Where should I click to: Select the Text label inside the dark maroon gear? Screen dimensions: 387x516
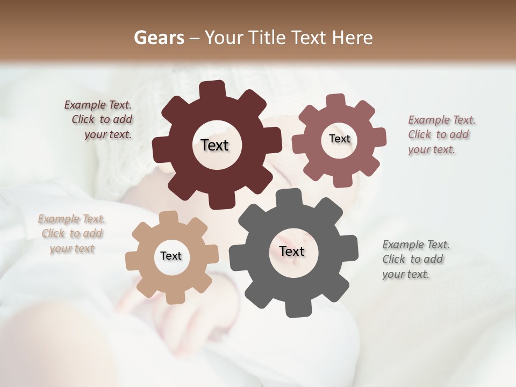coord(214,145)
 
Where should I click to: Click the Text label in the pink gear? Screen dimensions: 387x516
coord(339,139)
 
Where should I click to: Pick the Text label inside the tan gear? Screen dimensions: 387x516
coord(171,256)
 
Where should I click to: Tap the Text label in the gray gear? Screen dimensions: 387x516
coord(292,252)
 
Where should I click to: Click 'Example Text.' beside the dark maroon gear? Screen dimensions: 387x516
coord(98,105)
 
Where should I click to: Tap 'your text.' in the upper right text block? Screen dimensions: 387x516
coord(432,149)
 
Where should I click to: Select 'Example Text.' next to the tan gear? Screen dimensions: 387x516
coord(71,219)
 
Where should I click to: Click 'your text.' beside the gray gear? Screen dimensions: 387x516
coord(406,274)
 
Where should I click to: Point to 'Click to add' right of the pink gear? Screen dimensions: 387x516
coord(438,135)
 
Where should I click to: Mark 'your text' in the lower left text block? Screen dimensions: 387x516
coord(72,248)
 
